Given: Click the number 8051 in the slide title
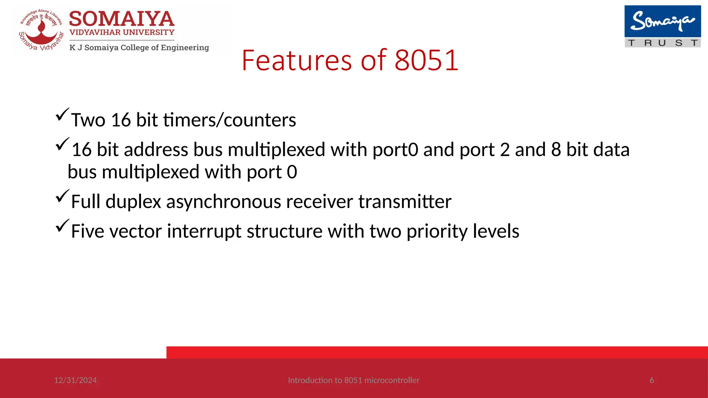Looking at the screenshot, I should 426,60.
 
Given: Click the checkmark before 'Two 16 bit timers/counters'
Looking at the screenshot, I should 62,114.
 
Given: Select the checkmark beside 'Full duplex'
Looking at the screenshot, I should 62,196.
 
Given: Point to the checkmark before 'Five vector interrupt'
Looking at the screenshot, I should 62,226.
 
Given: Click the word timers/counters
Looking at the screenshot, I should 230,120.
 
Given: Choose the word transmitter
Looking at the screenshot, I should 405,202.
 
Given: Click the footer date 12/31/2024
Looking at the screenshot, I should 75,380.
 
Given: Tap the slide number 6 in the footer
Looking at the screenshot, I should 652,380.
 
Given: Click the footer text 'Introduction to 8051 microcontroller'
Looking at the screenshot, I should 354,380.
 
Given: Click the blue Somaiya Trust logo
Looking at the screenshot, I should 662,26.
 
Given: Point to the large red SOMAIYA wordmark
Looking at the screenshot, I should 122,19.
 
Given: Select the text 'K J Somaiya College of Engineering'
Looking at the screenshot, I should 139,47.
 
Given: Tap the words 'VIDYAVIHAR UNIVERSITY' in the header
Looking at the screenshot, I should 122,32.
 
